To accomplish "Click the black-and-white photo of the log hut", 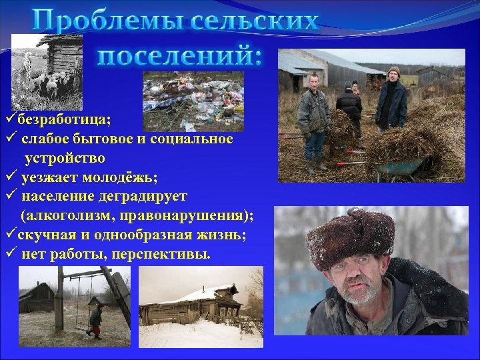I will click(x=47, y=70).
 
